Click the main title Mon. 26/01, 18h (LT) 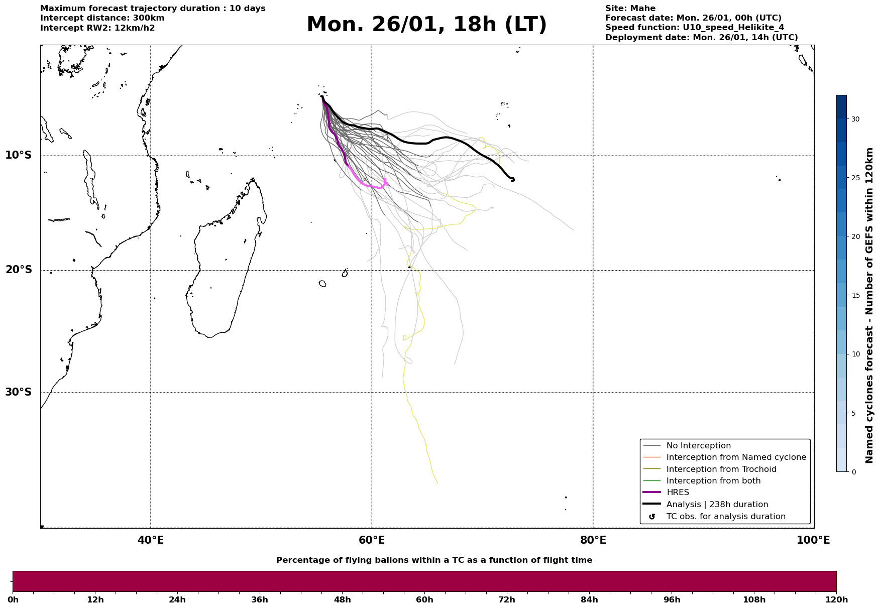click(426, 25)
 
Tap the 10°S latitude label click(19, 155)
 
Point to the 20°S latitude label click(19, 270)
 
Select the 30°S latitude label click(19, 392)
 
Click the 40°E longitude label click(151, 540)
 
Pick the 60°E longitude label click(372, 540)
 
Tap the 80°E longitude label click(593, 540)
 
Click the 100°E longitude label click(813, 540)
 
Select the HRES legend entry click(678, 493)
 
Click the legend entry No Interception click(698, 446)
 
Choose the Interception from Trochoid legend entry click(721, 469)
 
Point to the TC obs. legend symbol click(652, 517)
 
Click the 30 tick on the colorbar click(855, 119)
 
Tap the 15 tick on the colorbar click(855, 296)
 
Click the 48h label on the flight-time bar click(342, 599)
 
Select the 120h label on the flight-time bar click(836, 599)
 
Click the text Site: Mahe click(630, 9)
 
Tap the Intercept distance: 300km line click(102, 18)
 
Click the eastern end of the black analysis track click(513, 179)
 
